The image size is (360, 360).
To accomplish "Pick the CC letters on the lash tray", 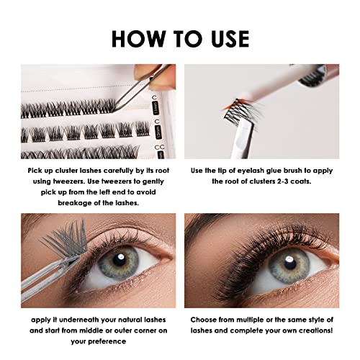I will [x=160, y=146].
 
